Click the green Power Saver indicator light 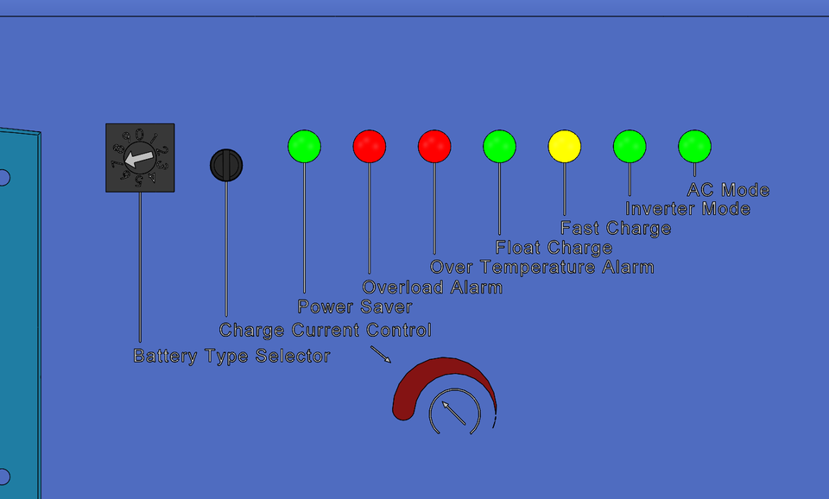pos(305,147)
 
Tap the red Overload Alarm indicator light pos(370,147)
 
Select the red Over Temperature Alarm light pos(434,147)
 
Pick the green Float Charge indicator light pos(500,147)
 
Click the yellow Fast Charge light pos(565,147)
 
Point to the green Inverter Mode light pos(630,147)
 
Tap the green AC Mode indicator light pos(694,147)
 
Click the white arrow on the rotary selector pos(139,158)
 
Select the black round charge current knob pos(226,166)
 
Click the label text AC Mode pos(728,190)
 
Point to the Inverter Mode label pos(687,209)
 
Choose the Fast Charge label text pos(616,229)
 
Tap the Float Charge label pos(554,248)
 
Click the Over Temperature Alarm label pos(542,267)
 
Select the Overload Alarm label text pos(432,287)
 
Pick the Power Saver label pos(354,306)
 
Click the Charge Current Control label pos(326,330)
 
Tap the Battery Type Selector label pos(231,356)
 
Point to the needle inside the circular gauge pos(453,413)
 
